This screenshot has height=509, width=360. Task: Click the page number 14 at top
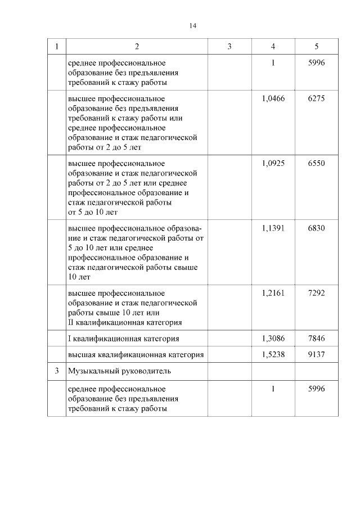(193, 26)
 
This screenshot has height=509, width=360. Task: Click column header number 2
(137, 46)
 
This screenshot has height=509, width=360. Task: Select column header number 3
(229, 46)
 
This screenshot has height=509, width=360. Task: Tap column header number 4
(273, 46)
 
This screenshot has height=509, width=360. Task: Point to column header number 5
(317, 46)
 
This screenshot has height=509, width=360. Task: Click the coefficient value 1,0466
(273, 98)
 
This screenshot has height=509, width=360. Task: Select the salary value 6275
(317, 98)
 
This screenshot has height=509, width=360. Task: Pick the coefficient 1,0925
(273, 163)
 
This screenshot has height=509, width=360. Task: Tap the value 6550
(317, 163)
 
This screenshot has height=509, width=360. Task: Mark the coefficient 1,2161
(273, 293)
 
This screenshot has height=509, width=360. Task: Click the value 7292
(317, 293)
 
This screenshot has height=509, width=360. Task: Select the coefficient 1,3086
(273, 339)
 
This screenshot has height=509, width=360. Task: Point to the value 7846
(317, 339)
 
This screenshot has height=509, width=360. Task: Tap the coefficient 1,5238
(273, 355)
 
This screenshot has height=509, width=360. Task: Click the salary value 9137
(317, 355)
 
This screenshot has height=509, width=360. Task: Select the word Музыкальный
(92, 371)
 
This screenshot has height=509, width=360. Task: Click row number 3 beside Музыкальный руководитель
(56, 371)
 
